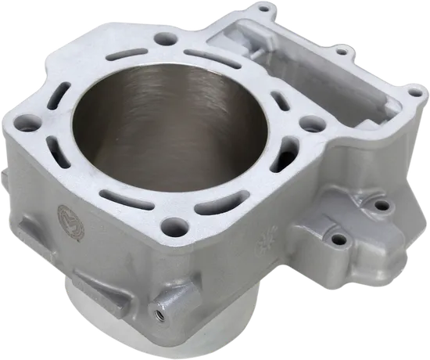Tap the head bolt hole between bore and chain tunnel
tap(312, 123)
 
